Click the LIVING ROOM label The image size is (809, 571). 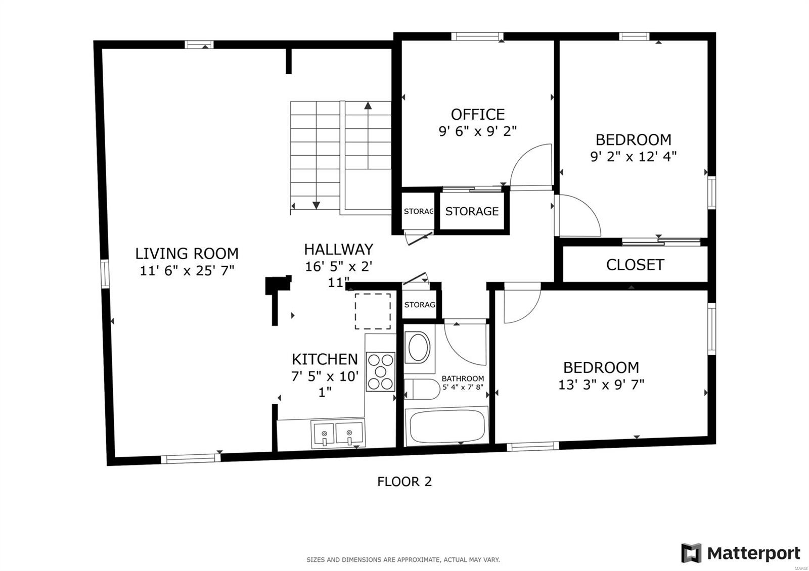[x=187, y=253]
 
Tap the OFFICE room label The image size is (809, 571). [x=477, y=114]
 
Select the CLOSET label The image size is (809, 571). [x=635, y=265]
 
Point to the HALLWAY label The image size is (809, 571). [x=338, y=249]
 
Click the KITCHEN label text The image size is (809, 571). [x=325, y=359]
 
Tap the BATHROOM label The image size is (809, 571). [x=463, y=378]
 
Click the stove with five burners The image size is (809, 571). [x=380, y=372]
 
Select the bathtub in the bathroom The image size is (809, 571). [x=447, y=425]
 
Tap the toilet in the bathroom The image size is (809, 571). [x=422, y=389]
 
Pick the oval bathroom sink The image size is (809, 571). [x=418, y=347]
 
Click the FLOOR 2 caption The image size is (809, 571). [x=404, y=482]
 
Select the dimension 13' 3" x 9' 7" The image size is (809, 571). [x=601, y=385]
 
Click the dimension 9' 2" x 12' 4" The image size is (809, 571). [x=633, y=157]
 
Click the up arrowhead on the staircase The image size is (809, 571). [x=368, y=106]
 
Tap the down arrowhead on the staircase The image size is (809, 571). [x=316, y=205]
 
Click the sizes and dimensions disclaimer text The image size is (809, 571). [x=403, y=560]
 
